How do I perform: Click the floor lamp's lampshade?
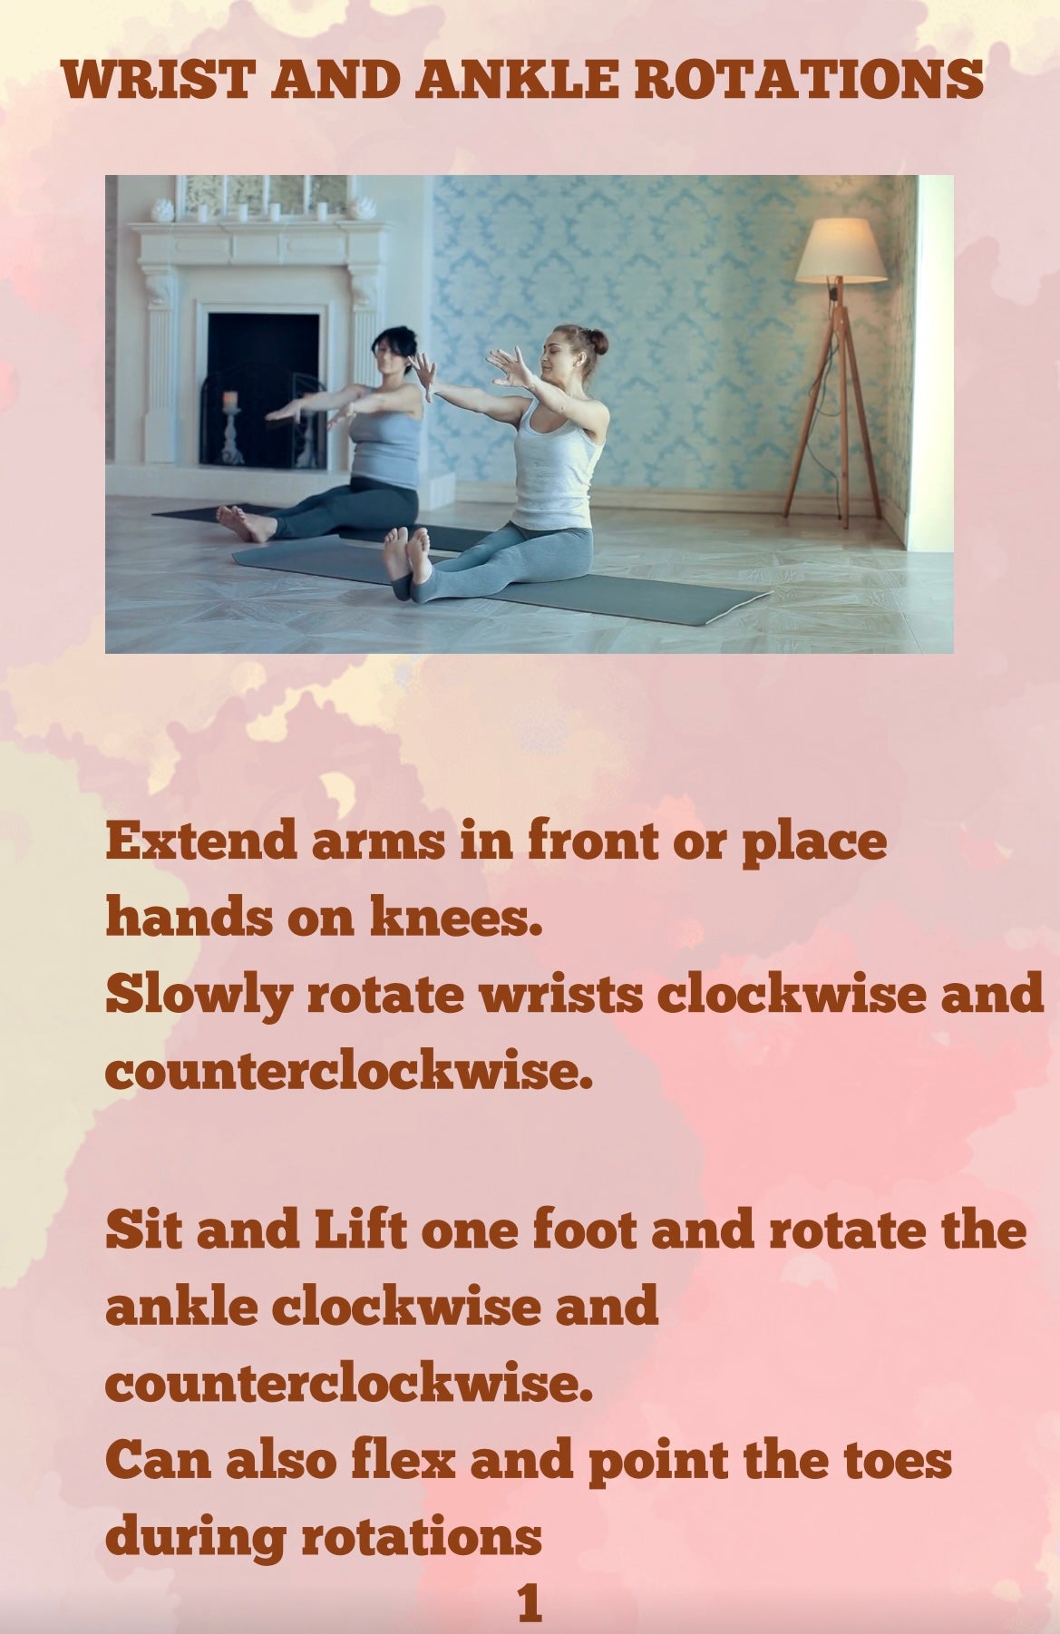(840, 250)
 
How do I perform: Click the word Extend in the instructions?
(202, 841)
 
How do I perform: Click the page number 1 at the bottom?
(530, 1603)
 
